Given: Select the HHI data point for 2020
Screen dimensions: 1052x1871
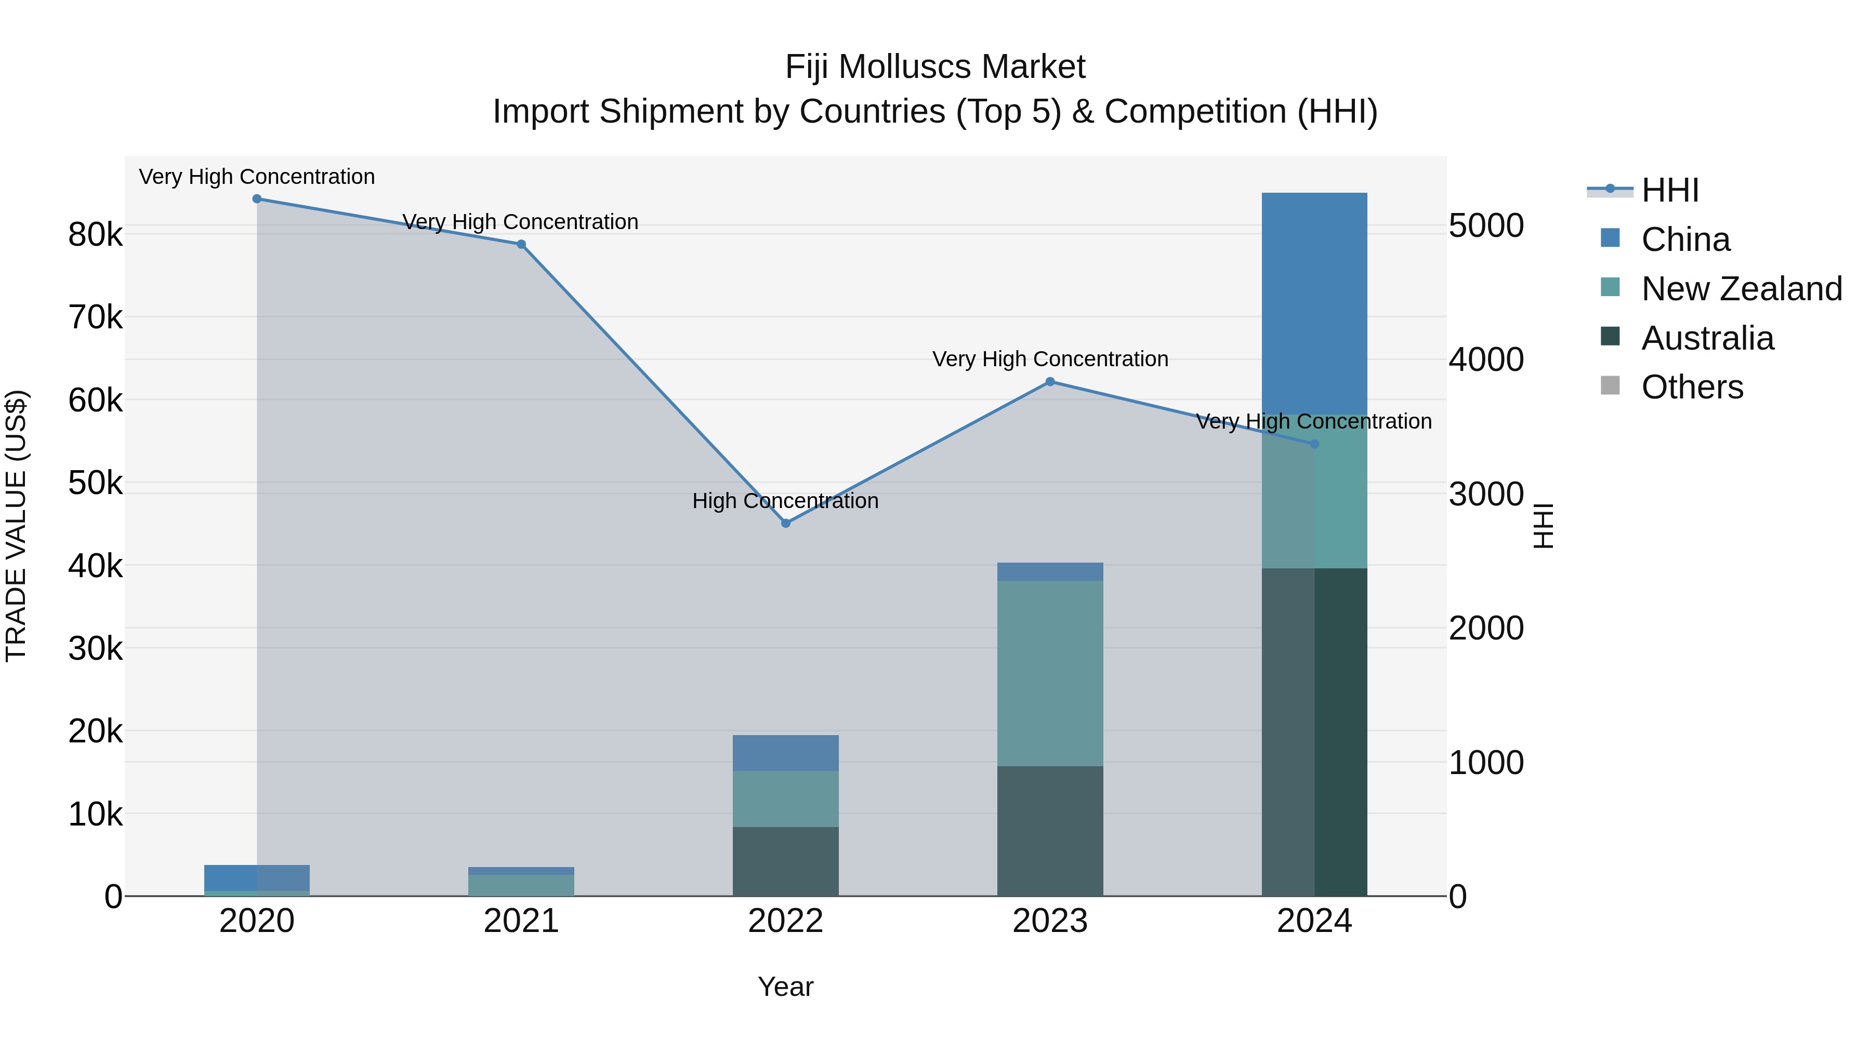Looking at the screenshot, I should coord(257,198).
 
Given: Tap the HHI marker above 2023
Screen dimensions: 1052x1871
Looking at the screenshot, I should coord(1049,381).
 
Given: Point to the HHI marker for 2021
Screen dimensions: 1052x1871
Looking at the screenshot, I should coord(521,244).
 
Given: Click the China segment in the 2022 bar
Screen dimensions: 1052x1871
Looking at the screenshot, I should coord(785,752).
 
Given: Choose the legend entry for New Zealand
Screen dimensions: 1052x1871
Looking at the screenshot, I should coord(1741,288).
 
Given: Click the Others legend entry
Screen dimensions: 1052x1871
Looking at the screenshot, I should coord(1692,387).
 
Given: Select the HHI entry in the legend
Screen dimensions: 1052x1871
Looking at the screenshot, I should coord(1669,190).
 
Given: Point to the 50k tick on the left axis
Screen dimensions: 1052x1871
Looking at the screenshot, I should coord(95,483).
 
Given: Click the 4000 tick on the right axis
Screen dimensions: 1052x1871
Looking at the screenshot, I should coord(1486,359).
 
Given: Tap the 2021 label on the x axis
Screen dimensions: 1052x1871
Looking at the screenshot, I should coord(521,921).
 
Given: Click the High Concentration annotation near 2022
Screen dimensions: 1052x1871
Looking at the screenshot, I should coord(785,500).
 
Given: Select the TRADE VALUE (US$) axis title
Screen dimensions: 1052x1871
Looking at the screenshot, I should coord(17,526).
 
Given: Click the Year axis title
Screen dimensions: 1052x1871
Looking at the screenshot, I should coord(785,987).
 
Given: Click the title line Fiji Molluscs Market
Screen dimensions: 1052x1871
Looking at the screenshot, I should coord(935,67).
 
